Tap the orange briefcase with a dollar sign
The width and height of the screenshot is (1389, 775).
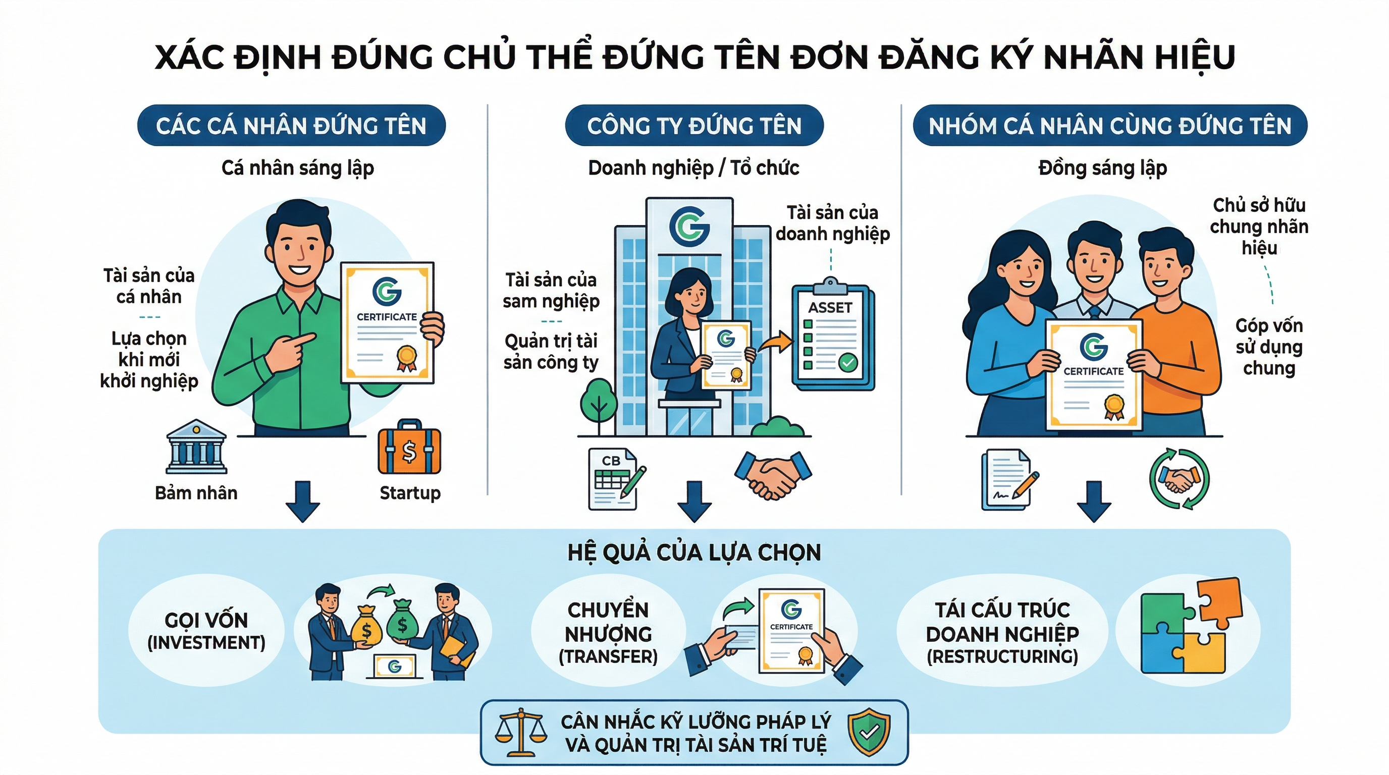(x=409, y=448)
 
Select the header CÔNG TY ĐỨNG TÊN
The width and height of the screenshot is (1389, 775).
(x=694, y=126)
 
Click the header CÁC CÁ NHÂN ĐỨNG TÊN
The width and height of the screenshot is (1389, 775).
(x=291, y=126)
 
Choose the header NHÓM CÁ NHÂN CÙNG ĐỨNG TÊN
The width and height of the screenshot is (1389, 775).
(x=1110, y=126)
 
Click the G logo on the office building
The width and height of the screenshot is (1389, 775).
(x=688, y=227)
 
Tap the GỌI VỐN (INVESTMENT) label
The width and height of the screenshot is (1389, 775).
(x=206, y=631)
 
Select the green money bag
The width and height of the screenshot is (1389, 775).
(x=402, y=623)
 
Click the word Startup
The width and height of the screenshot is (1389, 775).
(x=410, y=492)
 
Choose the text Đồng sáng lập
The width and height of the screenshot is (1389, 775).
(x=1103, y=168)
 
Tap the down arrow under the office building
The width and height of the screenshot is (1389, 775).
(x=694, y=501)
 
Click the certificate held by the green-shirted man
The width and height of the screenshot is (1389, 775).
(x=387, y=323)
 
